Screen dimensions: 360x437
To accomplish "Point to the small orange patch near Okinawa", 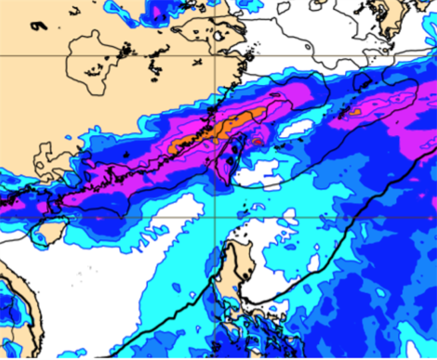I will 353,112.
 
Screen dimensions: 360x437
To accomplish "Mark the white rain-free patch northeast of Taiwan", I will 296,128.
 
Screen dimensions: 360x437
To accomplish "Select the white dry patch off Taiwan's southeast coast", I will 256,174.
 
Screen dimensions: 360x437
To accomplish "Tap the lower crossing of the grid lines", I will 215,217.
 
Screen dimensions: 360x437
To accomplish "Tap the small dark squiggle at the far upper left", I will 39,26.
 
